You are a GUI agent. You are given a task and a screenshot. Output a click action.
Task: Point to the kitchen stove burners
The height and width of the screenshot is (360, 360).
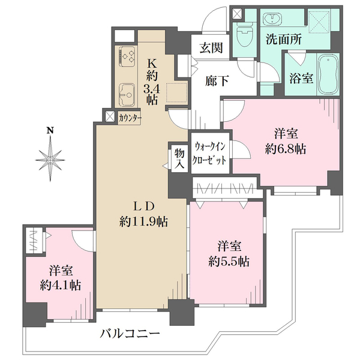point(127,56)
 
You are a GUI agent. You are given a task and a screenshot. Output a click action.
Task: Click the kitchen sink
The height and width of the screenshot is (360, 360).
point(127,93)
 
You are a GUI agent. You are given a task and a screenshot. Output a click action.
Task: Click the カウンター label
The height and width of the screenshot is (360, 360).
point(130,118)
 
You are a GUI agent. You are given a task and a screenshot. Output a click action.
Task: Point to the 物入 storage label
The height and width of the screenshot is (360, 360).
point(179,160)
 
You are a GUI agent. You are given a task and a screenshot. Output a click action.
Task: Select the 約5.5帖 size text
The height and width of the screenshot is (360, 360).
point(230,262)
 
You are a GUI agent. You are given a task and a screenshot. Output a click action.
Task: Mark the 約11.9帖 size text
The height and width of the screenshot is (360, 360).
point(143,222)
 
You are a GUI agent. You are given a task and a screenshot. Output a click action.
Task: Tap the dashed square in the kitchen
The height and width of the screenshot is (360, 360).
point(177,92)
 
